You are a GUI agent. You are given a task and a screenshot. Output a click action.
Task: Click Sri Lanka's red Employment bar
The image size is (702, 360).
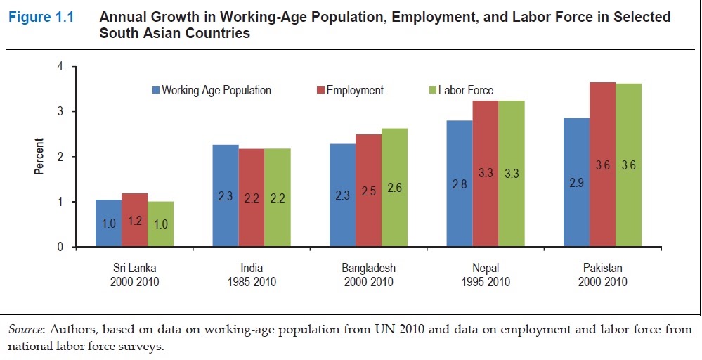(135, 220)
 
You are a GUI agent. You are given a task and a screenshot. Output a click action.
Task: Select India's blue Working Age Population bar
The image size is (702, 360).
(226, 195)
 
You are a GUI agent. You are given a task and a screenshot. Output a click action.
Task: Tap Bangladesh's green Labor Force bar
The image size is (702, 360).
(394, 188)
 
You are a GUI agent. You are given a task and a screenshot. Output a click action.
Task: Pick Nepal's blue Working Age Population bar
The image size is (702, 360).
(460, 184)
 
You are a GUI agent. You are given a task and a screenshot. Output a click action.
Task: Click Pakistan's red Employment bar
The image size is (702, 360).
(603, 165)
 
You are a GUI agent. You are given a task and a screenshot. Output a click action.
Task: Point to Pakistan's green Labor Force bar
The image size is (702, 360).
(629, 165)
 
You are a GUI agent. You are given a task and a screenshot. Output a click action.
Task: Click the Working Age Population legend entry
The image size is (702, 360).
(212, 91)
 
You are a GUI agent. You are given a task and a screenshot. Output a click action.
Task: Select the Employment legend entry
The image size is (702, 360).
(350, 91)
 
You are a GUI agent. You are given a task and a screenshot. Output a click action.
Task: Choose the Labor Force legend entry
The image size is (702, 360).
(462, 91)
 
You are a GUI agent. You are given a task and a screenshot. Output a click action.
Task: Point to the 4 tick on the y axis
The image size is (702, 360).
(60, 67)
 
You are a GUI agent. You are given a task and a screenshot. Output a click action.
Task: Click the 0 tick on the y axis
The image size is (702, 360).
(60, 247)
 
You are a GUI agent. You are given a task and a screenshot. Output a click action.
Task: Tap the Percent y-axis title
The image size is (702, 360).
(40, 156)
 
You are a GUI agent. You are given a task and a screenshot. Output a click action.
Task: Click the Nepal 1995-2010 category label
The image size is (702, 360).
(486, 275)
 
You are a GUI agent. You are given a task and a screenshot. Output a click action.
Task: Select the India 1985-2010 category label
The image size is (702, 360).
(252, 275)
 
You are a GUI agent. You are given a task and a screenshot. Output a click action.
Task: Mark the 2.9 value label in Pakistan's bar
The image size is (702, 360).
(577, 183)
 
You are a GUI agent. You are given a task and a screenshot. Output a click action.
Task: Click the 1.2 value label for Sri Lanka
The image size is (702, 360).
(135, 221)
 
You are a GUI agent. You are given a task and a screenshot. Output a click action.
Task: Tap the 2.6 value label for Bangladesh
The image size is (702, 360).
(394, 188)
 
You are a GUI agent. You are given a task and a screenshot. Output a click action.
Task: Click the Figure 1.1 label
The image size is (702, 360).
(41, 18)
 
